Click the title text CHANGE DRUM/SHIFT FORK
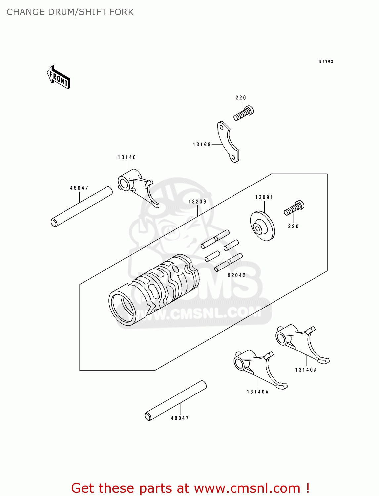coord(70,12)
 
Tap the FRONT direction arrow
coord(59,78)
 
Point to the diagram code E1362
coord(326,62)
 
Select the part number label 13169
coord(202,145)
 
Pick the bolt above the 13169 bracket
coord(244,113)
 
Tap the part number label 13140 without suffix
coord(127,157)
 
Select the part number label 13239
coord(197,202)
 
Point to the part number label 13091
coord(264,197)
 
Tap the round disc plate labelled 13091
coord(262,226)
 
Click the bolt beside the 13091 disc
coord(294,208)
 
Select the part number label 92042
coord(237,275)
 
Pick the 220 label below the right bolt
coord(293,227)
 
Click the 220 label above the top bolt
coord(241,98)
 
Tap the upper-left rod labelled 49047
coord(82,207)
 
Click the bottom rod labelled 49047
coord(176,400)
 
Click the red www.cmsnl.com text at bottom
coord(247,488)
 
